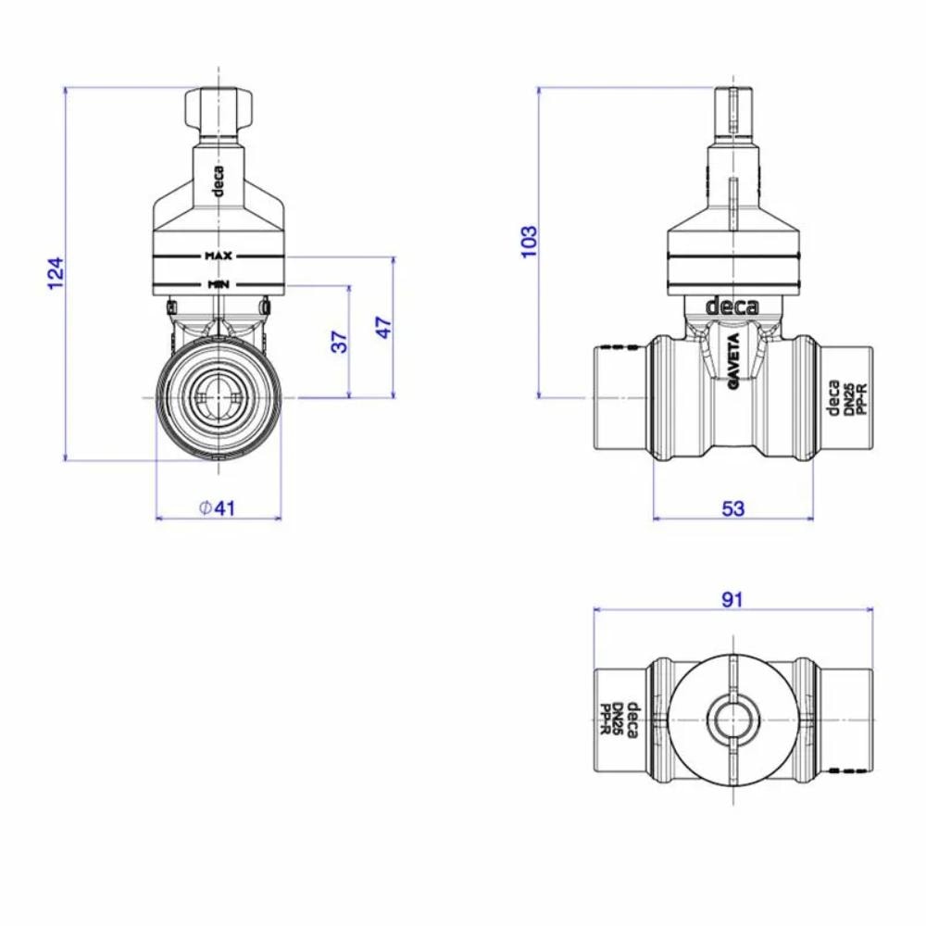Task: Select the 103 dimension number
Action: click(x=529, y=242)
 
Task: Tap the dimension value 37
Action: click(x=340, y=342)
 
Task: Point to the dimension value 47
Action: click(x=384, y=328)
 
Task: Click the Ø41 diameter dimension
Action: click(x=218, y=507)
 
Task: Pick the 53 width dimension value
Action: click(x=732, y=507)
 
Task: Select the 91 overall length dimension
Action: click(x=732, y=599)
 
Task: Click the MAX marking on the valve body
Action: click(x=219, y=255)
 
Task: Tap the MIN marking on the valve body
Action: click(x=219, y=283)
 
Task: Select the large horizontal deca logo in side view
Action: click(x=732, y=306)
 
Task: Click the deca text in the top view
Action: click(x=631, y=720)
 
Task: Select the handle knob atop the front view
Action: click(x=219, y=109)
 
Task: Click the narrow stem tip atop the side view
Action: click(x=732, y=111)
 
